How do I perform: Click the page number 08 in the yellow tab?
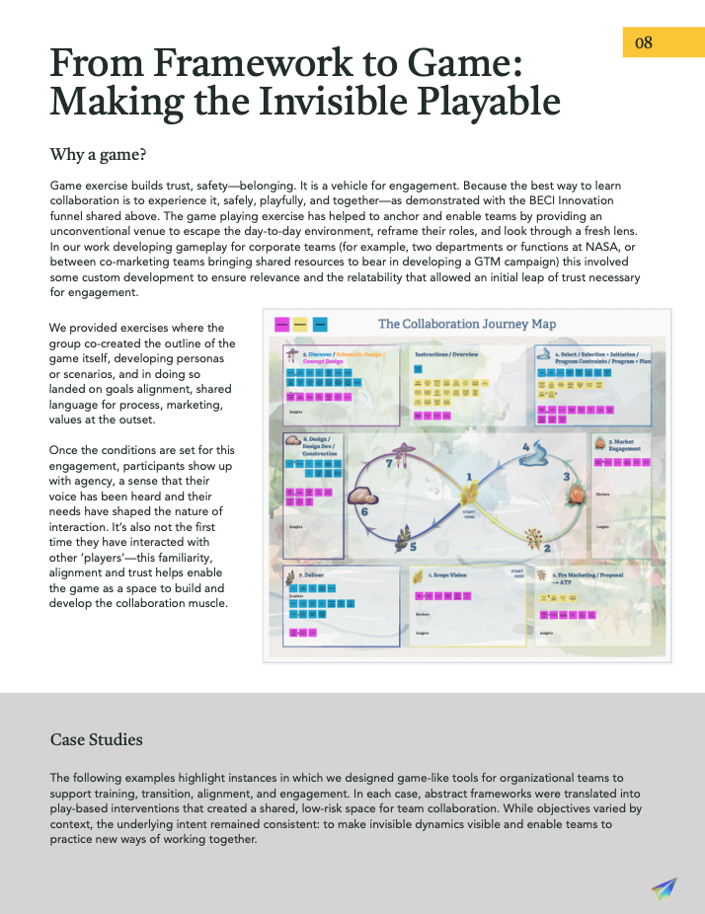point(644,41)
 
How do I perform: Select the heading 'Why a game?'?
point(99,154)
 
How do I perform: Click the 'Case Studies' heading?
point(96,739)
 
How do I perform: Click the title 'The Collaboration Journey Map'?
point(467,324)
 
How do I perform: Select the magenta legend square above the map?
point(282,324)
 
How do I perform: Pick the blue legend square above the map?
point(319,324)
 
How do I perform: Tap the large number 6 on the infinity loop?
point(363,511)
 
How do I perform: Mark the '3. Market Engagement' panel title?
point(624,444)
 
